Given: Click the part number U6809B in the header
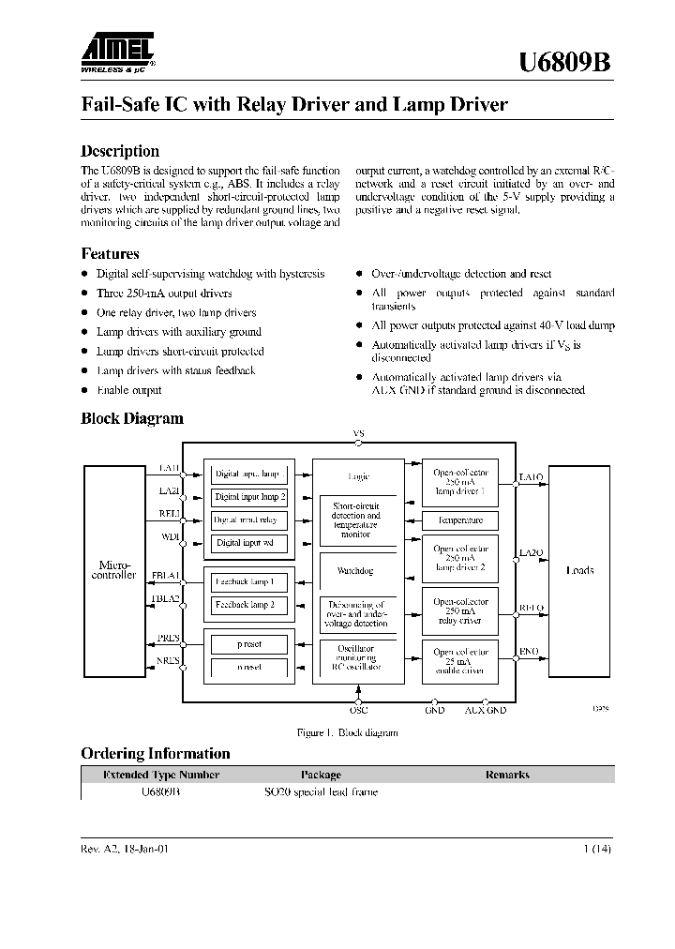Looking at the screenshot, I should (x=566, y=63).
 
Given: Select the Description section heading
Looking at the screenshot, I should (x=120, y=151).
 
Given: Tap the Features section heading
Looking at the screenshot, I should (x=110, y=253).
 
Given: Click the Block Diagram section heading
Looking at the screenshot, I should (x=132, y=418).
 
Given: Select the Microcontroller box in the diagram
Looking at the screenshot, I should (x=117, y=570).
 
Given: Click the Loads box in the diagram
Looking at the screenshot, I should (x=580, y=570).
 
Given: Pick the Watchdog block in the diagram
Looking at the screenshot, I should (x=354, y=570).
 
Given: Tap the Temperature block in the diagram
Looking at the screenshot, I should (x=460, y=520).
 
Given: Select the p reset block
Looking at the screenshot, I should (x=249, y=644).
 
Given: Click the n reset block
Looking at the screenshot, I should (x=249, y=667).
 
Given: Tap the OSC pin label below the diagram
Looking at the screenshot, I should (x=358, y=710).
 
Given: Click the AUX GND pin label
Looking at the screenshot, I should (x=485, y=710).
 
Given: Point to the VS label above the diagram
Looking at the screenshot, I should (x=358, y=433).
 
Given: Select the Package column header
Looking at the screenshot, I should (x=321, y=775).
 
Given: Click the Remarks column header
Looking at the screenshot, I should (x=507, y=775).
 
